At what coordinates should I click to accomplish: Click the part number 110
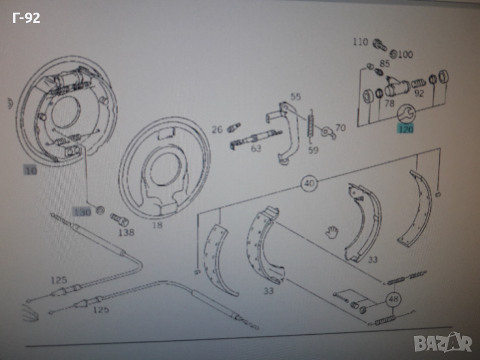pos(360,42)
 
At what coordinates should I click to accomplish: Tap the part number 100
pos(406,55)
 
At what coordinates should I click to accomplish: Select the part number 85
pos(385,64)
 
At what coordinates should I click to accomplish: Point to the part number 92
pos(419,93)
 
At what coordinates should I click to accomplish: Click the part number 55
pos(296,97)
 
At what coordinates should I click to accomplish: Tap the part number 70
pos(340,128)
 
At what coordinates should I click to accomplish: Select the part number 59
pos(313,150)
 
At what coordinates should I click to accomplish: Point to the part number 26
pos(217,129)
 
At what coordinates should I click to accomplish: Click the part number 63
pos(256,149)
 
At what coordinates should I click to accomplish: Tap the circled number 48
pos(393,299)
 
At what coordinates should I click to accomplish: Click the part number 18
pos(157,226)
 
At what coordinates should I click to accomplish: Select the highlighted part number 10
pos(31,171)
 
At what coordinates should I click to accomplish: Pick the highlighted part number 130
pos(82,212)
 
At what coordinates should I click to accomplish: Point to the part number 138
pos(126,232)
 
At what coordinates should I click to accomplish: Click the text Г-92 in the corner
pos(26,18)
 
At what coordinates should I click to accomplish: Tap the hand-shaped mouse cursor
pos(331,232)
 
